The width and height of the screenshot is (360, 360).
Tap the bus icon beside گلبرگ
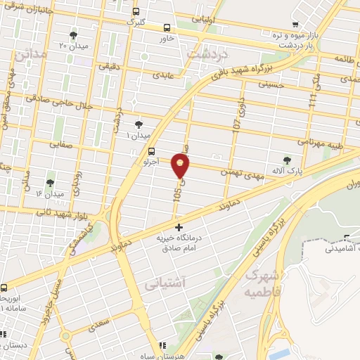coord(135,11)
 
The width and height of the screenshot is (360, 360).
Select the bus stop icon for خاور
coord(167,28)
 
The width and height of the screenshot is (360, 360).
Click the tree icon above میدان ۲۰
coord(74,35)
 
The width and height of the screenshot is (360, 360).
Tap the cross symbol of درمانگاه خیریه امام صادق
coord(179,227)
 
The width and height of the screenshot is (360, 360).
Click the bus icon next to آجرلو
coord(152,151)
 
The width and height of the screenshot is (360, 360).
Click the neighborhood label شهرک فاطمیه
coord(259,281)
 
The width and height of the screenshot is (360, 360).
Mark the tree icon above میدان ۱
coord(138,123)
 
